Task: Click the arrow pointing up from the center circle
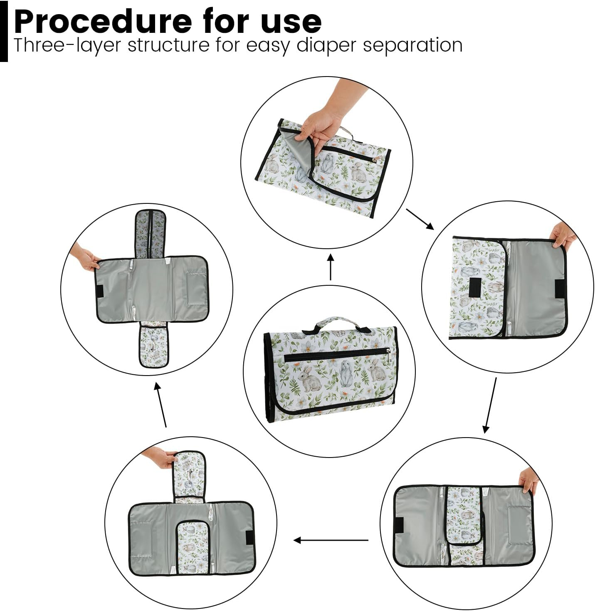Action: point(331,267)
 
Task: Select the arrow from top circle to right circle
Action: point(420,219)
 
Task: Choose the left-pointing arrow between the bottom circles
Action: point(331,540)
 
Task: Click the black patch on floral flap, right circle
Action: point(475,287)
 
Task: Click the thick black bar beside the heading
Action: point(4,31)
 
